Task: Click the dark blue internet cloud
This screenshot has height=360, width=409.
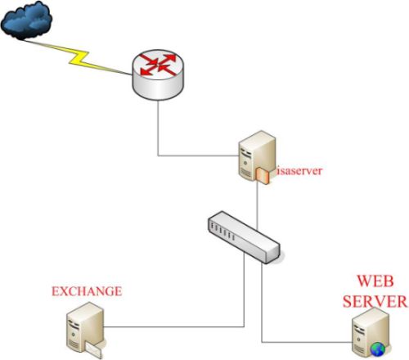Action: pos(26,20)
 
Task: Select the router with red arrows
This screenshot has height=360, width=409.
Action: pos(158,75)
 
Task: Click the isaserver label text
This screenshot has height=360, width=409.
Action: pos(299,171)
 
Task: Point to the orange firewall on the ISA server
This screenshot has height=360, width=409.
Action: pos(263,175)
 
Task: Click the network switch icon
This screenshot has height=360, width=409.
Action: pos(244,237)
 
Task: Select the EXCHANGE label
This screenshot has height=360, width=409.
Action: pos(87,291)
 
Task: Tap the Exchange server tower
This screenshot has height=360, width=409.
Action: pos(85,329)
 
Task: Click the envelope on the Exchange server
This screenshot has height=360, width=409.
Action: pos(93,350)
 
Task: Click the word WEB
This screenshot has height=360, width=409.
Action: pos(375,281)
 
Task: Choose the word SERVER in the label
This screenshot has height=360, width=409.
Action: pos(375,301)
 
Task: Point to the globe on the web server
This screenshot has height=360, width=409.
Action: pos(378,349)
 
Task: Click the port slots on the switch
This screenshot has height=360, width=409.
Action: pos(223,232)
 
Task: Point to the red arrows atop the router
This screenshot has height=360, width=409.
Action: pos(158,65)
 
